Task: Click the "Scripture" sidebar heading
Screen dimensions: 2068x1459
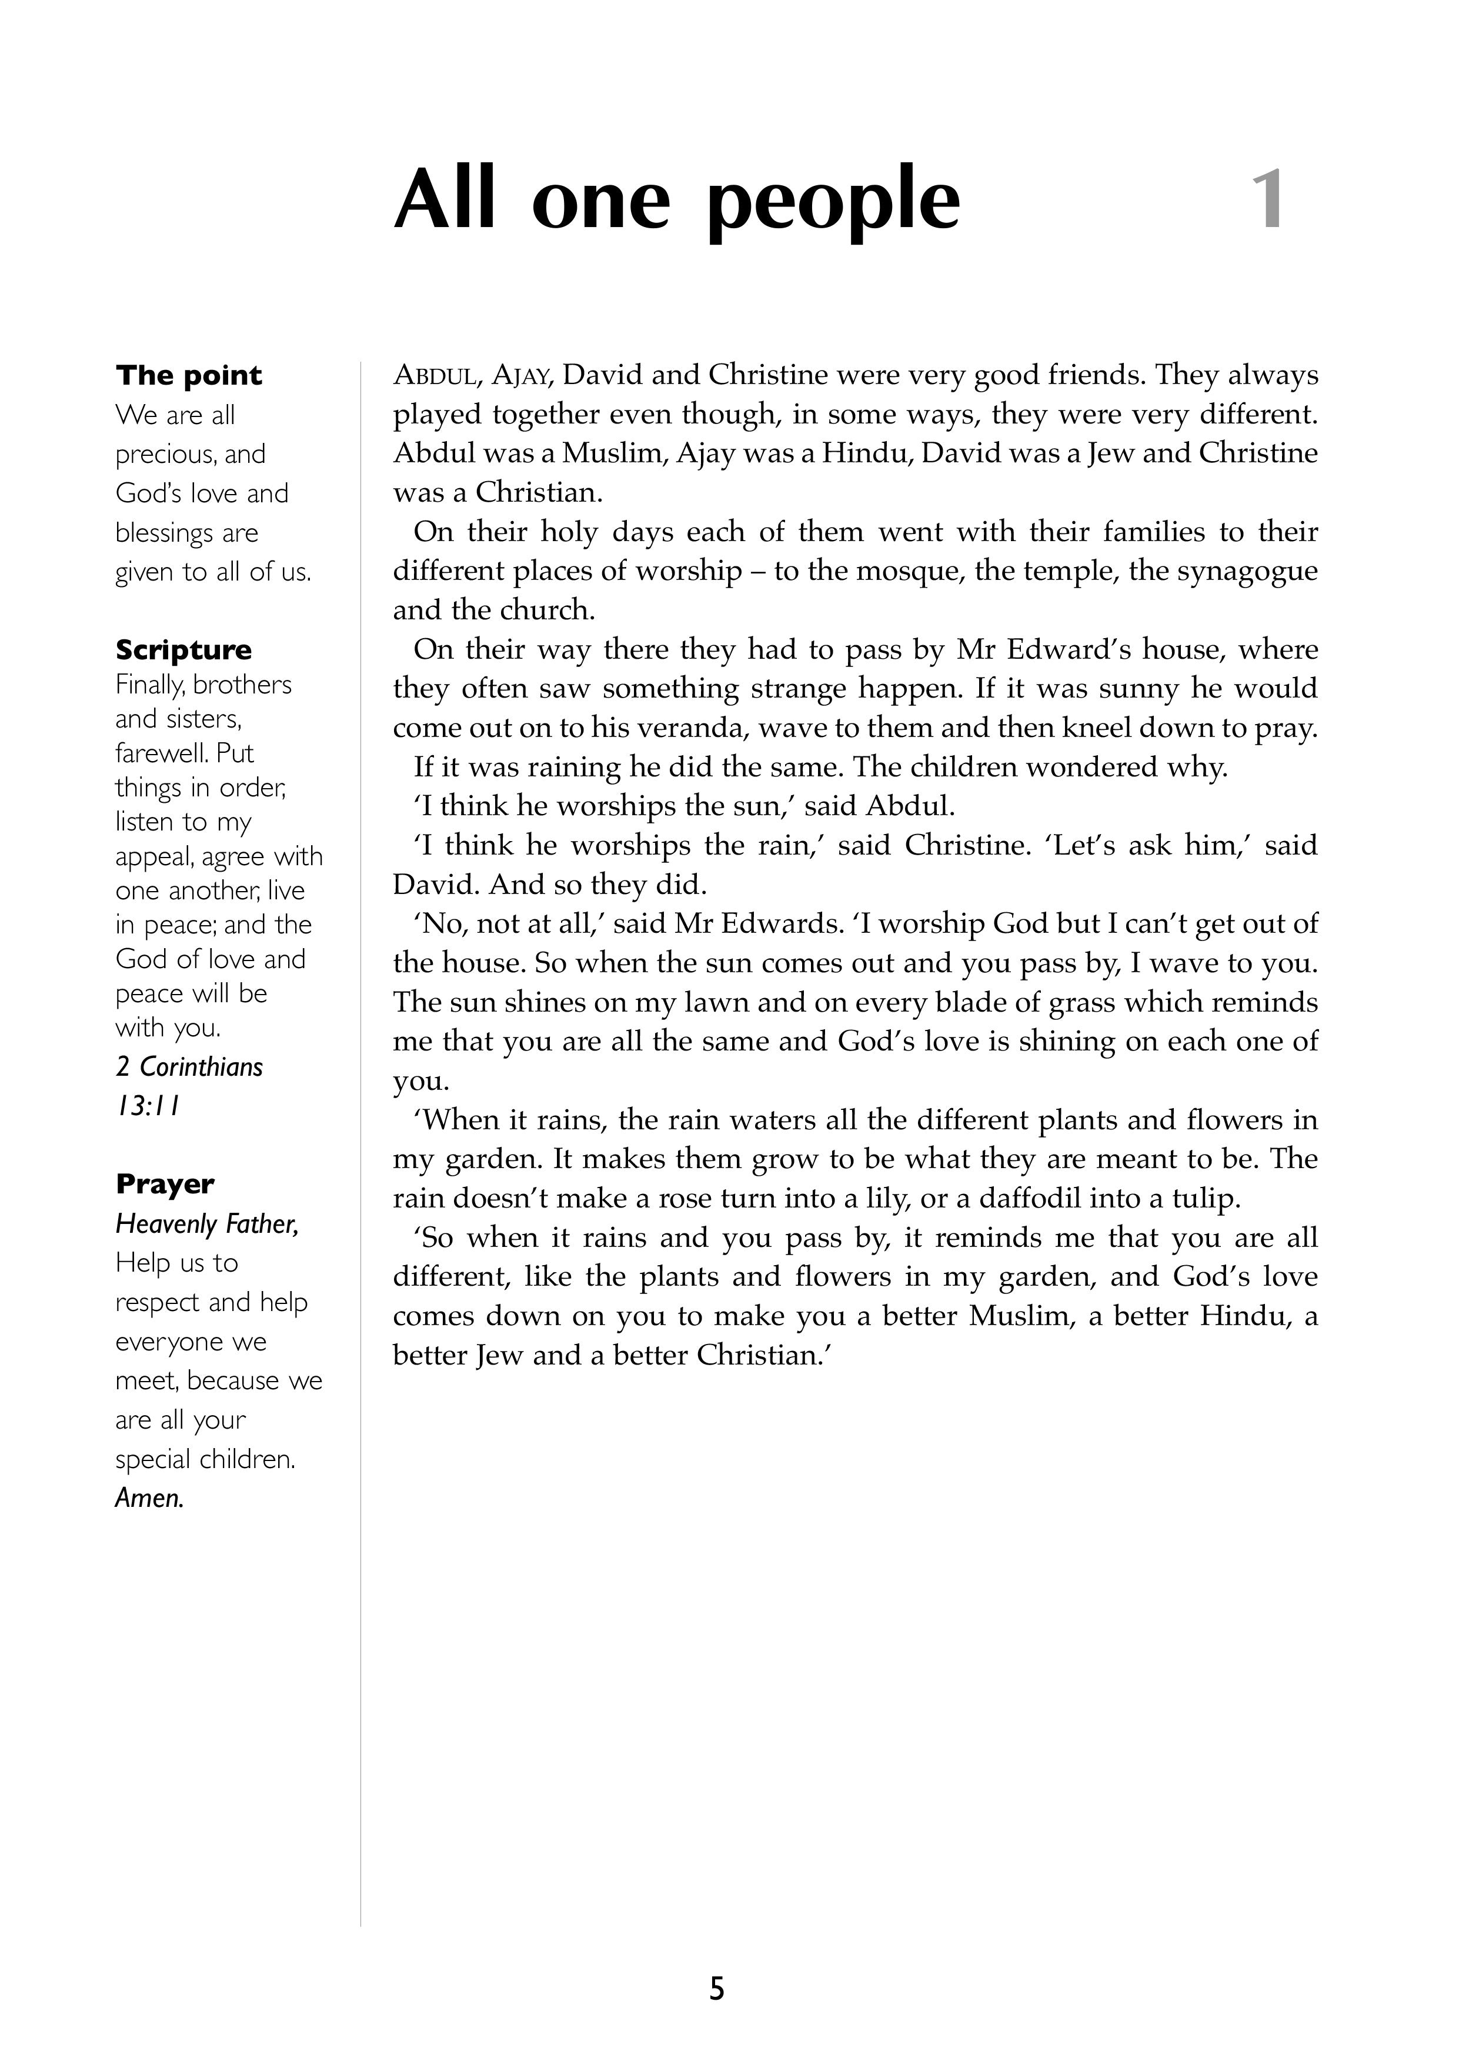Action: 183,649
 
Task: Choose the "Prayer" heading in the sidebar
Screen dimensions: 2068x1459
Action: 165,1183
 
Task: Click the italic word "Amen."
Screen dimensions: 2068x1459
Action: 149,1498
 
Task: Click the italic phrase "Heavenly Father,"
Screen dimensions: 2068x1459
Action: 207,1224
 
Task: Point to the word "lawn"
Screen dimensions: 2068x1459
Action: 729,1002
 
